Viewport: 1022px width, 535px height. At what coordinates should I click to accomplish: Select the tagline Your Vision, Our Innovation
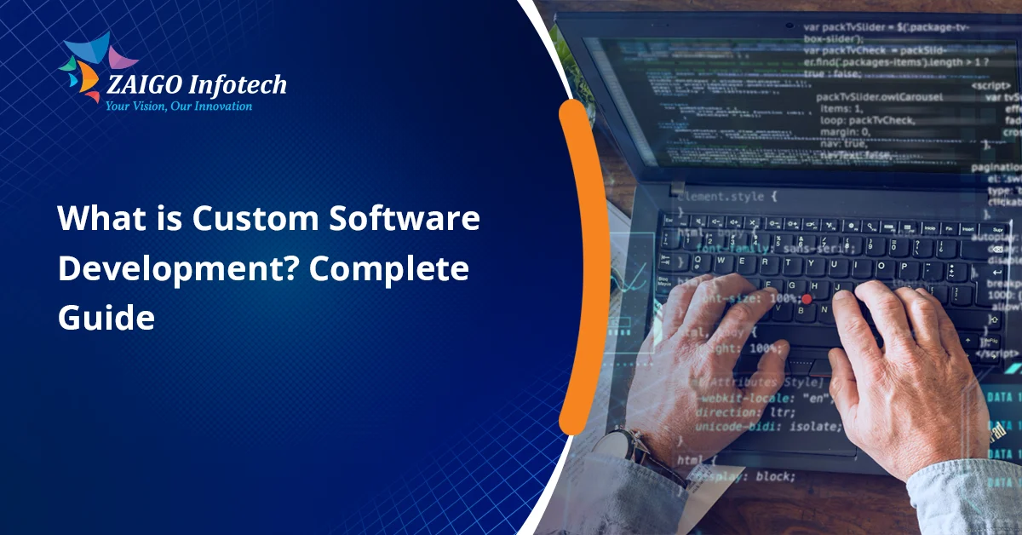coord(178,106)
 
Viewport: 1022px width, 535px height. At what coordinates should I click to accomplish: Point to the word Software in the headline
coord(405,220)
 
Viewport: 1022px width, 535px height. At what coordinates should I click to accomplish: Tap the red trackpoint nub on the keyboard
coord(806,299)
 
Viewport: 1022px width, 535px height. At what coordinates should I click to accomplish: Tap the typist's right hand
coord(903,375)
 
